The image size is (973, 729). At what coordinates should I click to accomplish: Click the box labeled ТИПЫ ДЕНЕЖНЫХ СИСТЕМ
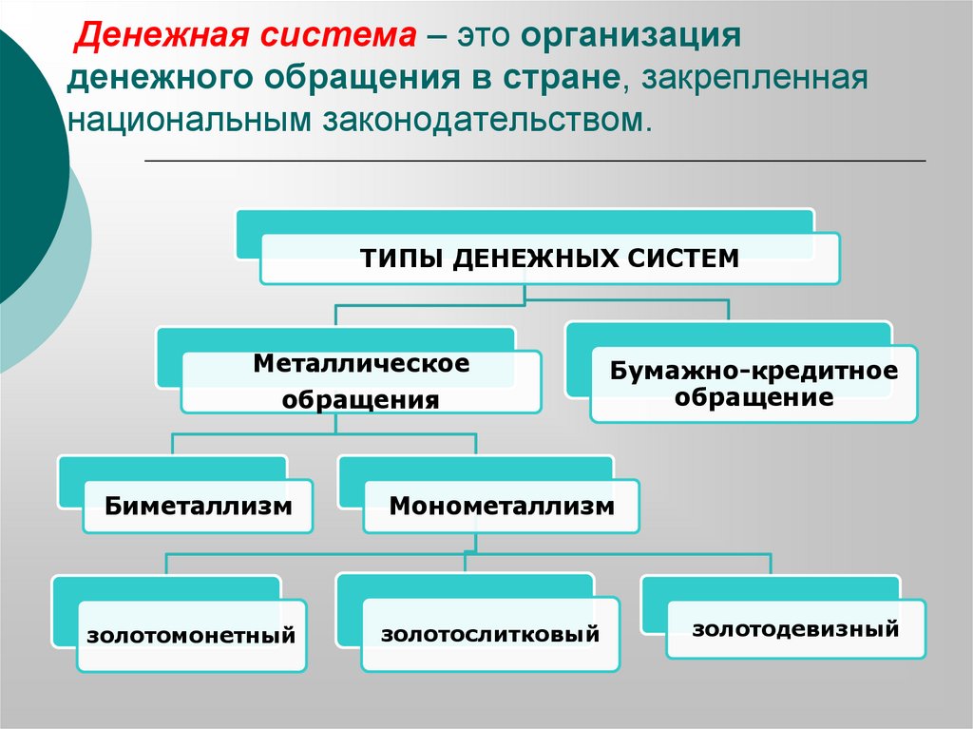pyautogui.click(x=549, y=259)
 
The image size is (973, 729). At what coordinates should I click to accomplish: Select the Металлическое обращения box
pyautogui.click(x=361, y=381)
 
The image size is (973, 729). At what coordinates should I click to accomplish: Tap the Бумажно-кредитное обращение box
pyautogui.click(x=754, y=384)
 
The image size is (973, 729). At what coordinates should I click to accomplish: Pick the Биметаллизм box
pyautogui.click(x=198, y=506)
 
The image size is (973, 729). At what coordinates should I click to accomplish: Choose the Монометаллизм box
pyautogui.click(x=501, y=506)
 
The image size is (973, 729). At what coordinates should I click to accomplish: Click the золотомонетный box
pyautogui.click(x=191, y=635)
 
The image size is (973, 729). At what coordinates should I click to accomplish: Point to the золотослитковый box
pyautogui.click(x=490, y=634)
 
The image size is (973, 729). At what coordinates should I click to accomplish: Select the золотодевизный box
pyautogui.click(x=795, y=628)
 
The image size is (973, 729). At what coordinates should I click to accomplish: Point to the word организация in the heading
pyautogui.click(x=629, y=37)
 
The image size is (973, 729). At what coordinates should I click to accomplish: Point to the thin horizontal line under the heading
pyautogui.click(x=534, y=161)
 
